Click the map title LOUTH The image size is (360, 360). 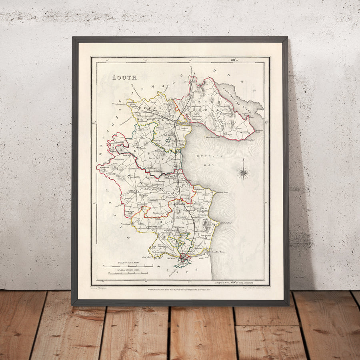click(x=124, y=78)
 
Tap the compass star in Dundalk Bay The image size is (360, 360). click(x=243, y=172)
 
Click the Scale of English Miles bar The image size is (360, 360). click(x=128, y=273)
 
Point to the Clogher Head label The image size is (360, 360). click(x=226, y=222)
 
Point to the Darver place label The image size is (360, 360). click(x=152, y=158)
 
